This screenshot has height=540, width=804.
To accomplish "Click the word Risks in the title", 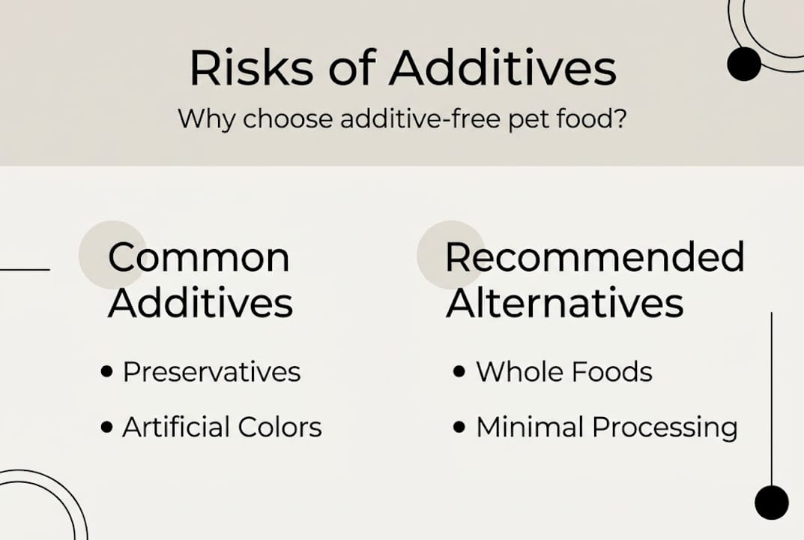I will [251, 69].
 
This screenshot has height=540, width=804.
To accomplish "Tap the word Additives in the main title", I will [502, 69].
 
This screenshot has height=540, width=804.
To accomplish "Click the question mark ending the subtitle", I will [620, 119].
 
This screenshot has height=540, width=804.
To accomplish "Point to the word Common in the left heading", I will [199, 257].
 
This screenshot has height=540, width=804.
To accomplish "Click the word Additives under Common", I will [200, 304].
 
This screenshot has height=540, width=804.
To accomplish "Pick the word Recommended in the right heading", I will [595, 257].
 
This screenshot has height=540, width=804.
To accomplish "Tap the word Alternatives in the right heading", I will [564, 304].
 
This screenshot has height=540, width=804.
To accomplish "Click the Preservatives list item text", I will [211, 372].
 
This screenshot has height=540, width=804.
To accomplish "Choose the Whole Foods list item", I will [563, 372].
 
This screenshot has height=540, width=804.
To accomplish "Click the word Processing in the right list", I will [665, 428].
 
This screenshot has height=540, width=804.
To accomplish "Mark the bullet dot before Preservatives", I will [107, 372].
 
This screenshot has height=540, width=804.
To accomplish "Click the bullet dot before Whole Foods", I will [460, 372].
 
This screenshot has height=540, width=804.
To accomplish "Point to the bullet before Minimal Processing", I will [460, 427].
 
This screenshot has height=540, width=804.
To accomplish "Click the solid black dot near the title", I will [744, 64].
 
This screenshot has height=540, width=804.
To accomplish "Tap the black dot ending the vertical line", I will [771, 502].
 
